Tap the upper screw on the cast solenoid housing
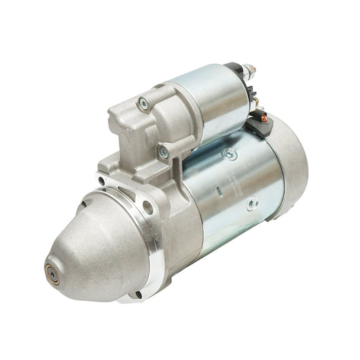pos(143,103)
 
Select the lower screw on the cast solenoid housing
pos(163,153)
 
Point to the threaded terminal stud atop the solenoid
pos(249,71)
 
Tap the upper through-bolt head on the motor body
pos(226,154)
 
